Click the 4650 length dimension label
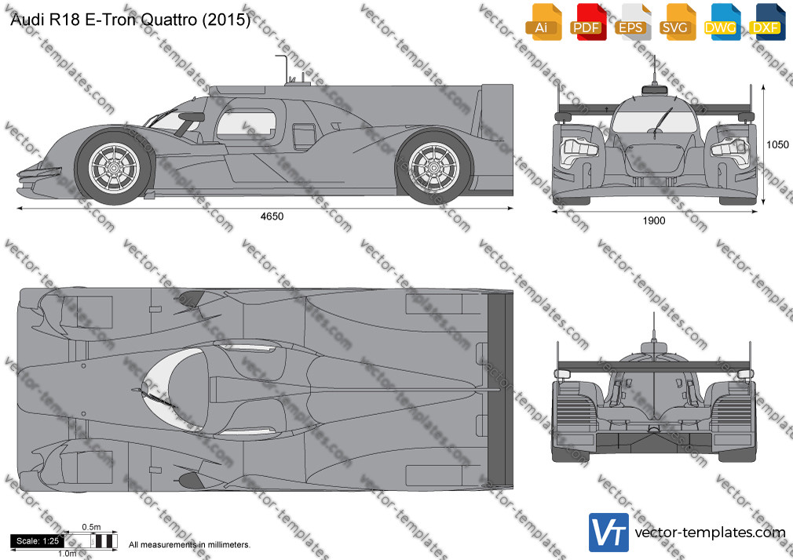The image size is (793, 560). [x=272, y=216]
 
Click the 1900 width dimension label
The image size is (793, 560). [x=654, y=220]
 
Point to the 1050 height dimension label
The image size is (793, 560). [x=777, y=145]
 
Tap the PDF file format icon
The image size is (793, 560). [x=587, y=22]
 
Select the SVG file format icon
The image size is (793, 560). [x=676, y=22]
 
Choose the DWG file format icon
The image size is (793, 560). [x=720, y=22]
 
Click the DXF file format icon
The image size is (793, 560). [x=766, y=22]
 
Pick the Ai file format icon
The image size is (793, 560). [x=542, y=22]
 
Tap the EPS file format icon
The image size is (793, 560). [x=631, y=22]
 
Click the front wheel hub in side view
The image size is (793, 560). [x=114, y=167]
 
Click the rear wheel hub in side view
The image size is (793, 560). [x=433, y=167]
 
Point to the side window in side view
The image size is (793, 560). [x=247, y=124]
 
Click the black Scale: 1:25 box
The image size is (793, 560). [x=38, y=541]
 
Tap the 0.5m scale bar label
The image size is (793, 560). [x=91, y=527]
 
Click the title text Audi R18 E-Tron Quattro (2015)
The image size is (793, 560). [x=130, y=20]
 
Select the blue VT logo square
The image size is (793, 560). [x=608, y=533]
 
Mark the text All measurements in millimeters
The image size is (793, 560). [x=189, y=545]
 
